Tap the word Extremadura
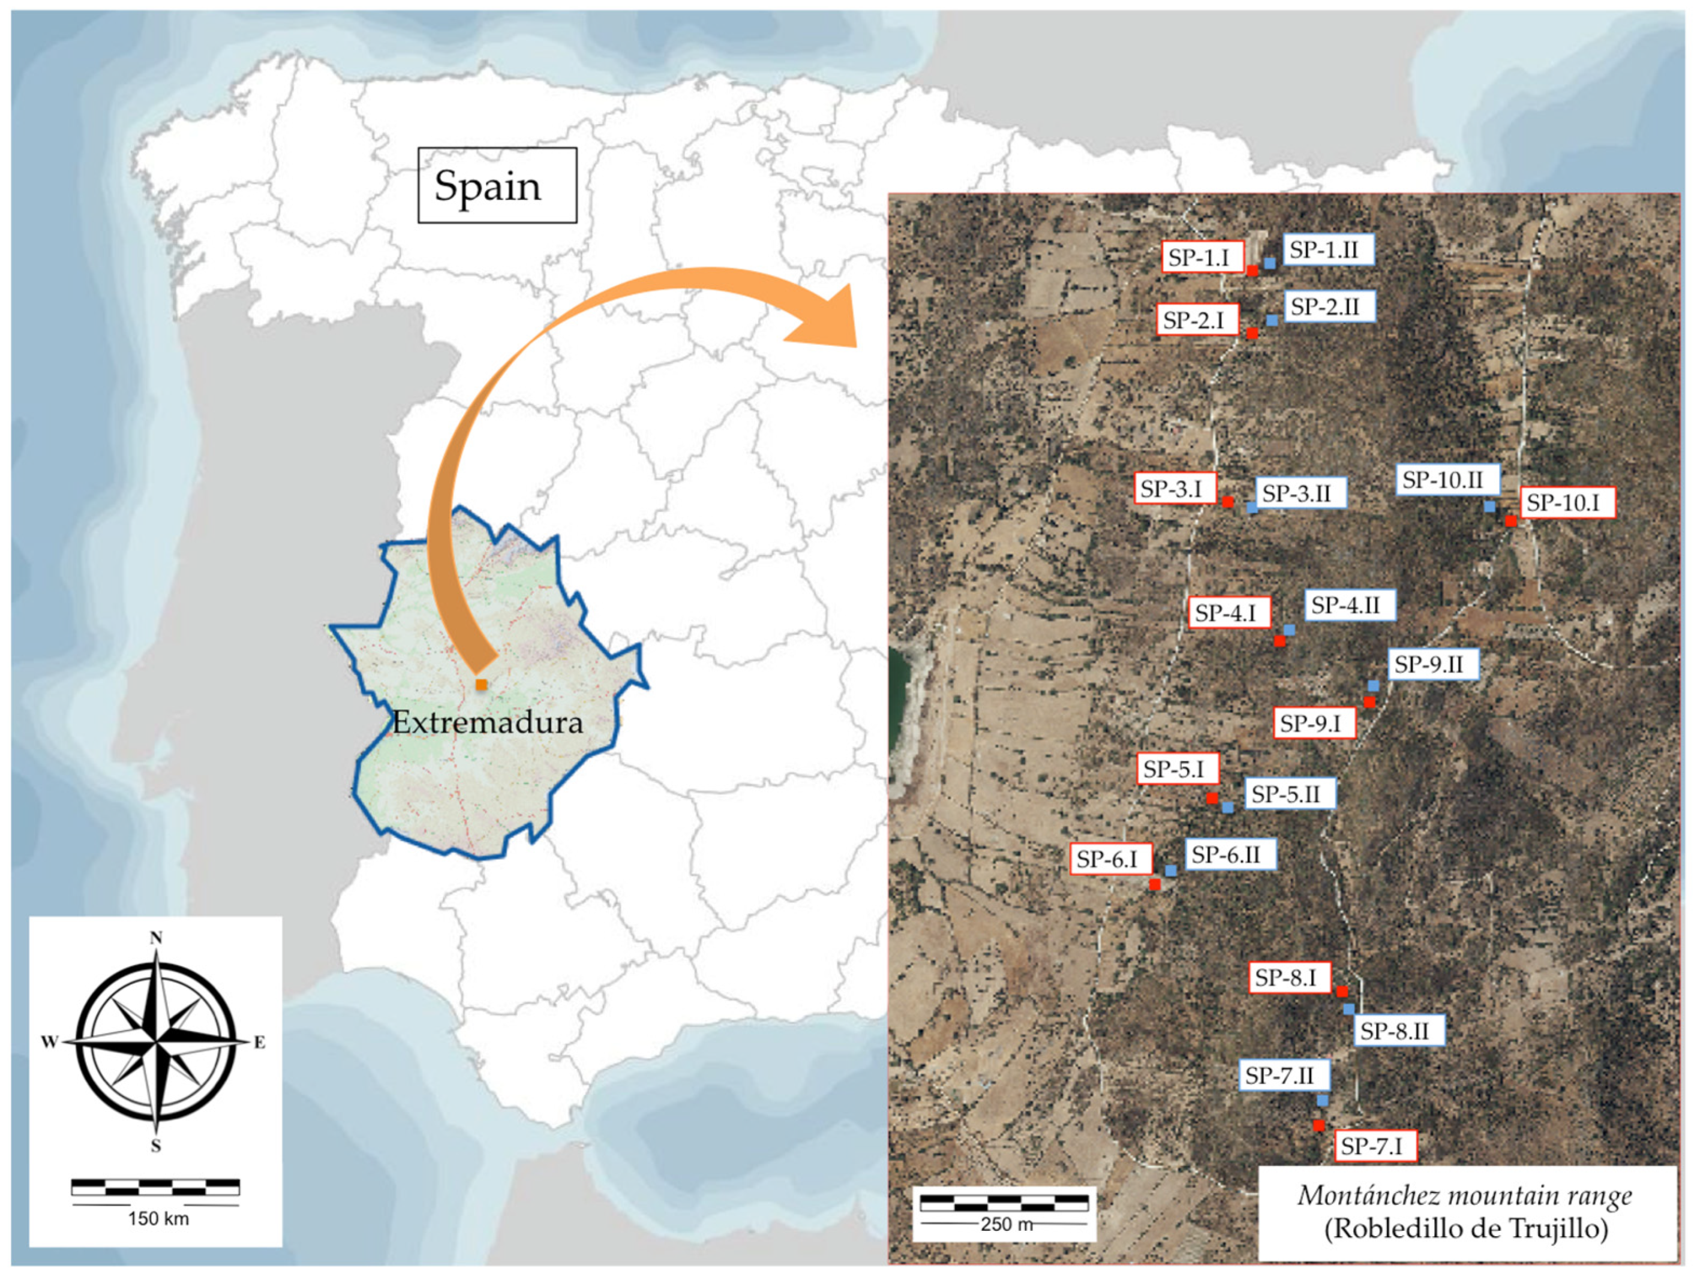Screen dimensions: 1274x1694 pos(487,722)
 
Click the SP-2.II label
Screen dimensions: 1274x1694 pos(1329,306)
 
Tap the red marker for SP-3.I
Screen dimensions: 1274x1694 pos(1228,502)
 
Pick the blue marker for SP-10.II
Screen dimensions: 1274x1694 pos(1489,506)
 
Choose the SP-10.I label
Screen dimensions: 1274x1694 pos(1567,503)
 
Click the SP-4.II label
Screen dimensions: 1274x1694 pos(1348,605)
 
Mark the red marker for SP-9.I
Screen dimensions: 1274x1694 pos(1370,702)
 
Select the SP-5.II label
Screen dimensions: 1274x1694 pos(1290,794)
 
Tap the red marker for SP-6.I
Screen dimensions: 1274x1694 pos(1155,884)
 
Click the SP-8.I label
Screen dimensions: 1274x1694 pos(1289,978)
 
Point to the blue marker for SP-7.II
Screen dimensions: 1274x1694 pos(1323,1100)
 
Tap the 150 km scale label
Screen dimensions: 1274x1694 pos(158,1218)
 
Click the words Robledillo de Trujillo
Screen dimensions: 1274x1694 pos(1467,1229)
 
